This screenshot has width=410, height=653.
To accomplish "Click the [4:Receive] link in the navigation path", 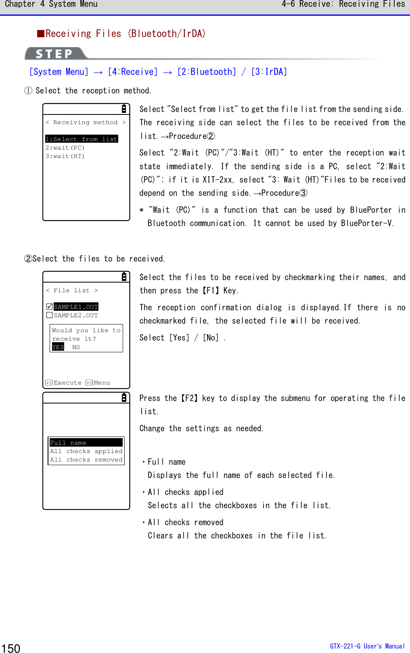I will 132,72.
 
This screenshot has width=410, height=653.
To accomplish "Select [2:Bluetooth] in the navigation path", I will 206,72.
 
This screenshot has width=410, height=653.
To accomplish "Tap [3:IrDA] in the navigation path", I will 269,72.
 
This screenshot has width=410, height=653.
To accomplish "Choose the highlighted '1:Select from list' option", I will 82,139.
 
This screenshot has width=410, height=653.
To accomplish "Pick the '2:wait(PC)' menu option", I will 65,148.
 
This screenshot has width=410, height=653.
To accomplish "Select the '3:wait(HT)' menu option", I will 65,156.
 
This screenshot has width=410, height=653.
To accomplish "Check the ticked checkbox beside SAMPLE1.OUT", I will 50,307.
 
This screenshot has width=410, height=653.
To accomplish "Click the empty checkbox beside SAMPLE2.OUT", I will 50,315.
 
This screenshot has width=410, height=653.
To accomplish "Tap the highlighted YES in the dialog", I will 58,347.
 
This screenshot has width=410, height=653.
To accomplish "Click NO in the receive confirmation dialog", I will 76,347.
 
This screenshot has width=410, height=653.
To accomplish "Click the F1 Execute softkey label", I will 64,383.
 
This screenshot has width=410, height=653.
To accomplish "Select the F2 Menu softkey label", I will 98,383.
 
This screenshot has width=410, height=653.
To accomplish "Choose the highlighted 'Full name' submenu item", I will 86,443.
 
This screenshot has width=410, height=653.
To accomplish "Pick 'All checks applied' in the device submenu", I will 86,451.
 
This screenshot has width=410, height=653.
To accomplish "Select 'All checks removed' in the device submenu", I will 86,460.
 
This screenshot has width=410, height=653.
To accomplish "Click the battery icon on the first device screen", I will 124,109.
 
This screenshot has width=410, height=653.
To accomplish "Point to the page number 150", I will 11,648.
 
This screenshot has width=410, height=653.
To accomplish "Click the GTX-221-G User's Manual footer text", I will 367,646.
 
